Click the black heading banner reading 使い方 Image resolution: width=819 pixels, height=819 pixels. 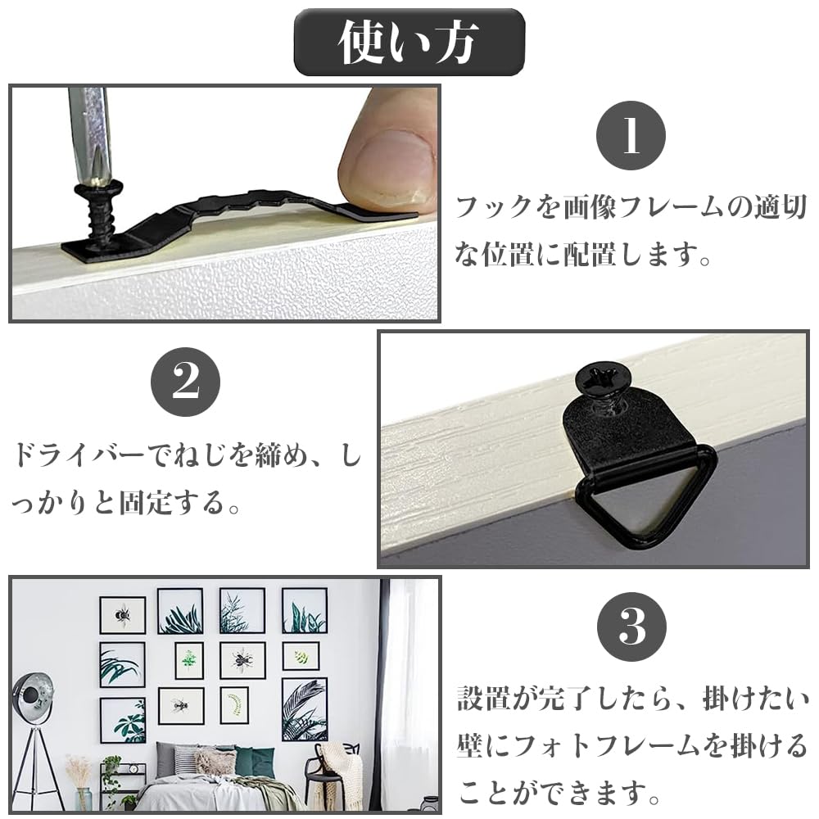click(409, 42)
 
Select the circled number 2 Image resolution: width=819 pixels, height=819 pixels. click(186, 384)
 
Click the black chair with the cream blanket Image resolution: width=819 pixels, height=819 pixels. click(336, 770)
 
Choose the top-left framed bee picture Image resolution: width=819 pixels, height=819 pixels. click(122, 614)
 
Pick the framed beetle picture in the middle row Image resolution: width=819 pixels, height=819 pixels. click(242, 659)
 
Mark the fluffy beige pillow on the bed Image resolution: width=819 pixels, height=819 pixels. click(215, 762)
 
